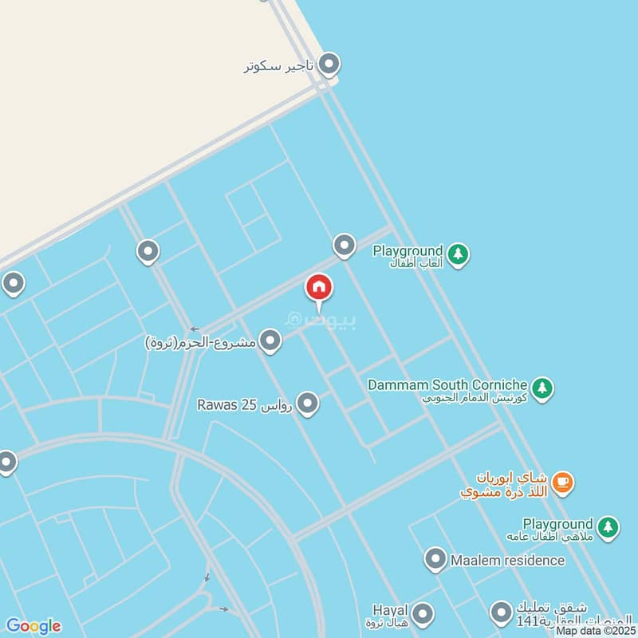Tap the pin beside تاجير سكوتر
click(x=329, y=65)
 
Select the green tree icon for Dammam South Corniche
click(x=542, y=388)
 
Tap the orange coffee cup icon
click(x=563, y=481)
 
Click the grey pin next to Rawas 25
click(x=307, y=404)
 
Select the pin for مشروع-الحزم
click(x=270, y=342)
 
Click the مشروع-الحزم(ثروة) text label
click(x=201, y=343)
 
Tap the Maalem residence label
click(x=507, y=560)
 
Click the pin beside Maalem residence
click(x=435, y=559)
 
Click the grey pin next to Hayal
click(x=423, y=613)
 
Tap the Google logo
click(x=33, y=625)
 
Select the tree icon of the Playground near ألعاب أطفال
click(x=458, y=254)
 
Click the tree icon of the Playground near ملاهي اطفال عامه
click(x=608, y=527)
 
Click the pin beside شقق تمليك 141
click(x=501, y=612)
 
